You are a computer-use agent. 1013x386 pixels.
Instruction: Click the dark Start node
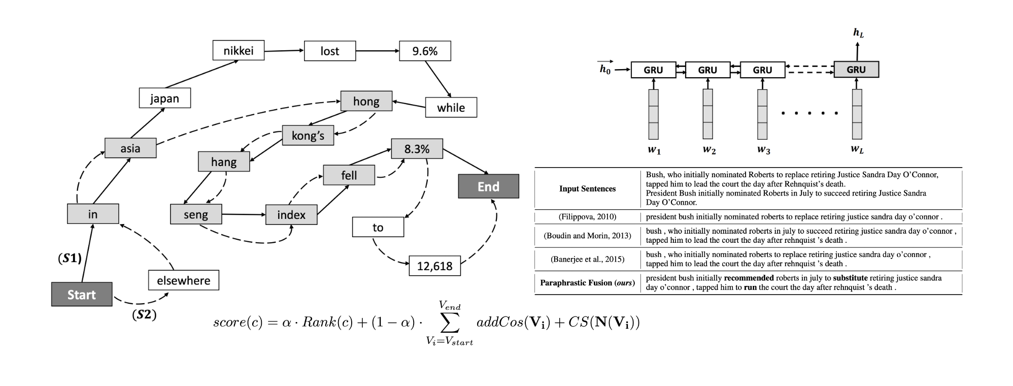click(82, 295)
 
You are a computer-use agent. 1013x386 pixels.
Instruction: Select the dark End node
click(488, 186)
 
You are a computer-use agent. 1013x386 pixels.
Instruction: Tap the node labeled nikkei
click(238, 50)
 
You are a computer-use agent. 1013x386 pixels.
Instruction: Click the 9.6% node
click(425, 51)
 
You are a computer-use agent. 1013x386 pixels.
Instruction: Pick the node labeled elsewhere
click(183, 280)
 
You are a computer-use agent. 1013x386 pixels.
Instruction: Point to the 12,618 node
click(434, 266)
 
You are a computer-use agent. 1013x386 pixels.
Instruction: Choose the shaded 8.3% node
click(417, 149)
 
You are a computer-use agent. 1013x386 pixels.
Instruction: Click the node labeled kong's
click(308, 136)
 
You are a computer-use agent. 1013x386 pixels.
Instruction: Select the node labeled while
click(451, 107)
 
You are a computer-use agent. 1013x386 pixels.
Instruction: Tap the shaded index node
click(291, 215)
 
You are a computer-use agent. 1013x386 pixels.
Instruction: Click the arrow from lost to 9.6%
click(378, 51)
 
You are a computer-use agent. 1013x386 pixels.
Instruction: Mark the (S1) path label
click(70, 258)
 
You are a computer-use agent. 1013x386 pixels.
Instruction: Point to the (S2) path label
click(144, 315)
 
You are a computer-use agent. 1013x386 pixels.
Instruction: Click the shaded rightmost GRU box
click(856, 70)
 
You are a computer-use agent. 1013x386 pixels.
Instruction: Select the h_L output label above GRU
click(858, 33)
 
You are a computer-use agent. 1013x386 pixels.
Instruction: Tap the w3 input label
click(763, 150)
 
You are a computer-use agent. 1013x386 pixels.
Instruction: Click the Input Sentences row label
click(587, 188)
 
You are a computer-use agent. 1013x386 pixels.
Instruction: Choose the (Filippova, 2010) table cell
click(587, 216)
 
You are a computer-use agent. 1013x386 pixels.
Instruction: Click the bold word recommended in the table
click(749, 278)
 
